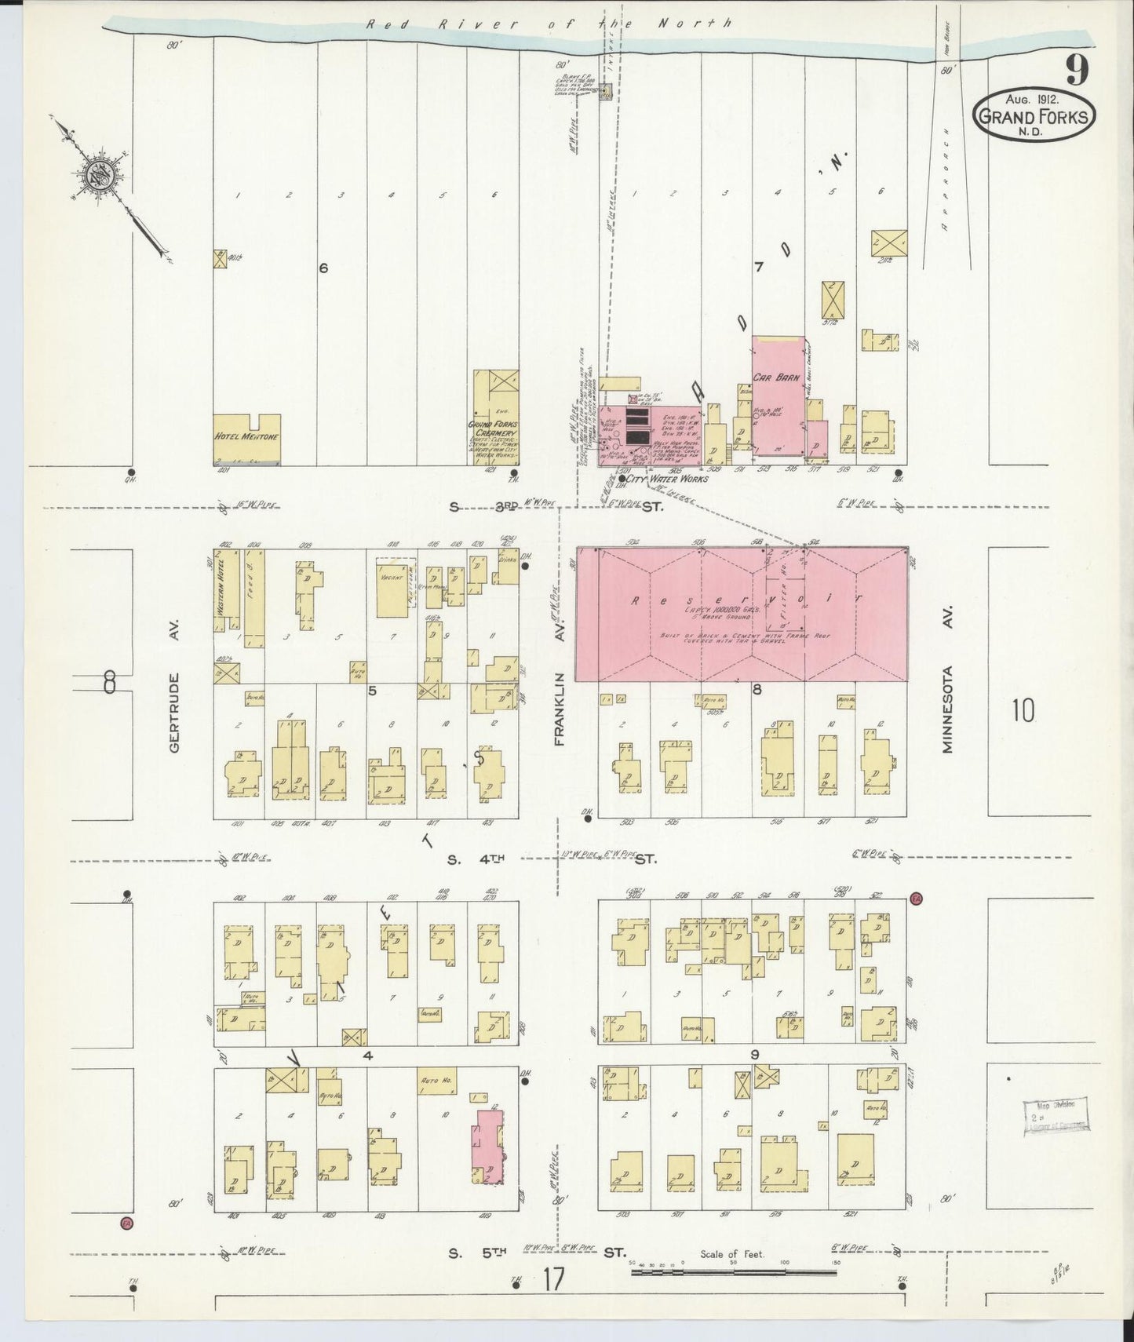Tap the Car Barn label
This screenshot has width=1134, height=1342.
[776, 377]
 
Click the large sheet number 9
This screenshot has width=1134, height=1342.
[1077, 71]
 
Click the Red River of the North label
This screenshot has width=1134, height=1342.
[549, 24]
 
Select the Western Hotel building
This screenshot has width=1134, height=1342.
[222, 589]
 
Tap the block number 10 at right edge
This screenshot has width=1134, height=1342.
[1023, 710]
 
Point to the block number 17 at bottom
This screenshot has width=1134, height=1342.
[553, 1281]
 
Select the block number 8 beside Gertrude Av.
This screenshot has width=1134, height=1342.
[109, 684]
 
